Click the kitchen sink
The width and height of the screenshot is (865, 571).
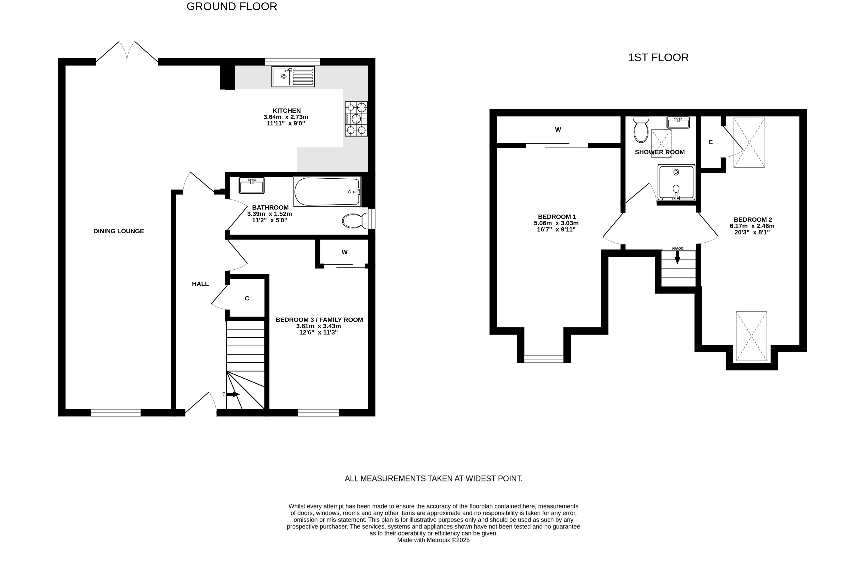(293, 77)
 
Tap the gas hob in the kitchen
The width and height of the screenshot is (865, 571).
(356, 119)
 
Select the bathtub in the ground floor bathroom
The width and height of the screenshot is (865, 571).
(327, 192)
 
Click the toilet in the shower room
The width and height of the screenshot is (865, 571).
(641, 129)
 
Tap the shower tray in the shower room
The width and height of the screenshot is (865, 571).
(676, 183)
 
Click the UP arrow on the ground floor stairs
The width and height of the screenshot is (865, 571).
(233, 394)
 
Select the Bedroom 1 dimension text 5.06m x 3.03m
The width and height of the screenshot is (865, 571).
(556, 223)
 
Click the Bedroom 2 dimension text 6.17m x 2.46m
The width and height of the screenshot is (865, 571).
(752, 226)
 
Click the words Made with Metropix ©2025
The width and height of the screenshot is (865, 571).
(433, 540)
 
